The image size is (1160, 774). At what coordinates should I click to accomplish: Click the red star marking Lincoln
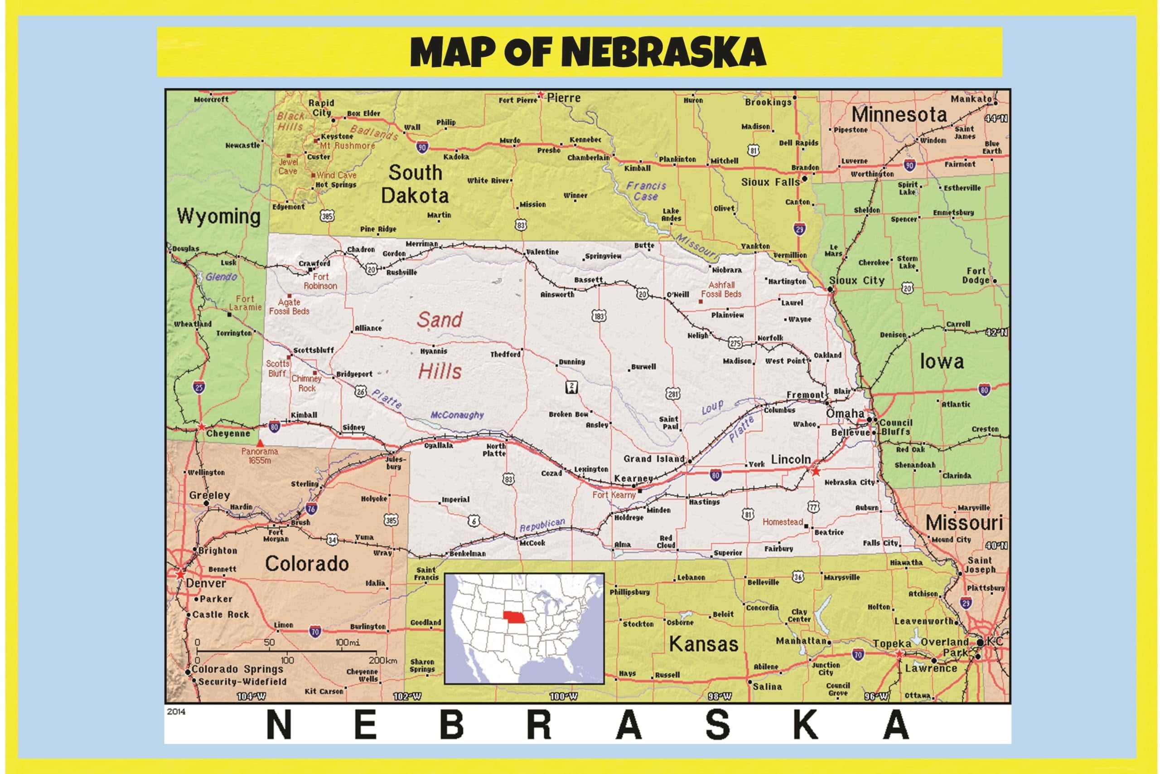(x=815, y=472)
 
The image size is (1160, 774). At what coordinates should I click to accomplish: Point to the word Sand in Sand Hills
(x=440, y=320)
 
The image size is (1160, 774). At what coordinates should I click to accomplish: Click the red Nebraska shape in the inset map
(x=515, y=618)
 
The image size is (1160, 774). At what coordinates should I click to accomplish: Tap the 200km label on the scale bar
(x=383, y=661)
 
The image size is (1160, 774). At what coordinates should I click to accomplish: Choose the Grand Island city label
(x=654, y=458)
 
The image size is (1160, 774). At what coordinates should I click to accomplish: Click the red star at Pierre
(x=541, y=95)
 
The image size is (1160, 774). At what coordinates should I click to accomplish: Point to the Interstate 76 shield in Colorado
(x=311, y=508)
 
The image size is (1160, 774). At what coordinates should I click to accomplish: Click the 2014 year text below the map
(x=176, y=711)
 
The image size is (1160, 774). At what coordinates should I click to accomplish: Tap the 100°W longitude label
(x=563, y=696)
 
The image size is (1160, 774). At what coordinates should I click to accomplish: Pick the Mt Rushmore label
(x=347, y=146)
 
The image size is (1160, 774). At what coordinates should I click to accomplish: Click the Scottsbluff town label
(x=314, y=350)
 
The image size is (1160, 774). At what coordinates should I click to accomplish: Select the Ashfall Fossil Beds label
(x=721, y=289)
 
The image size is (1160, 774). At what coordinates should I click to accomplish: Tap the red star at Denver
(x=180, y=574)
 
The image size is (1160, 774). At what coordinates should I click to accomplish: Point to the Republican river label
(x=542, y=525)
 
